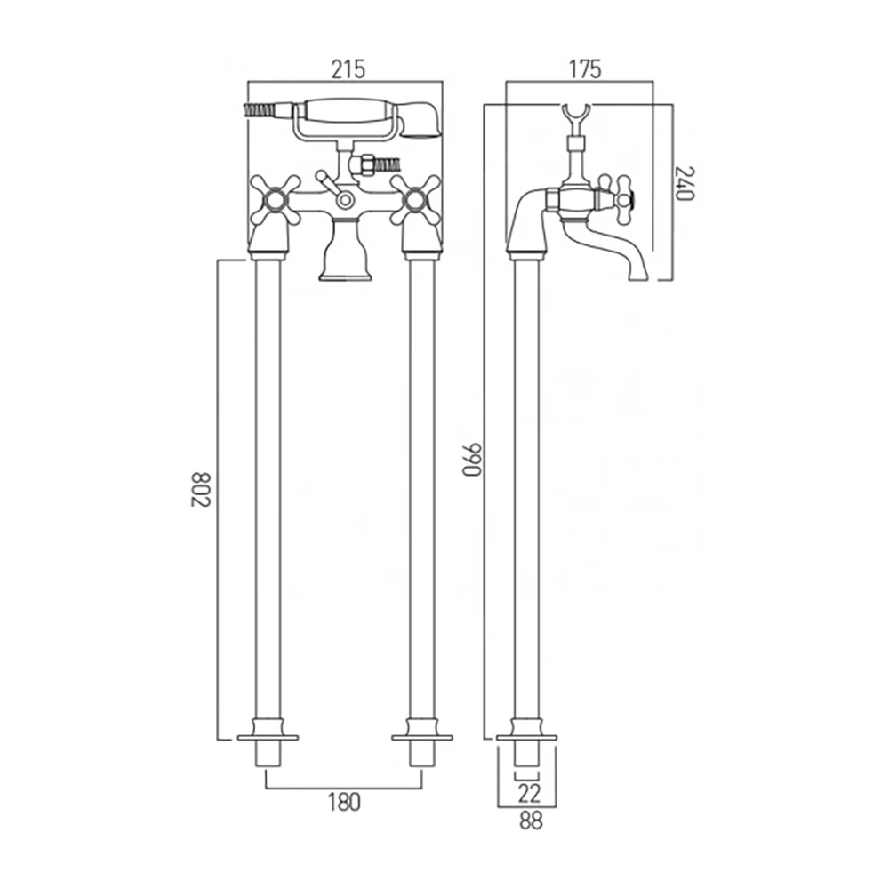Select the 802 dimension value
199,489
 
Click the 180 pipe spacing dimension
344,802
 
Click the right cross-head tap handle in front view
416,199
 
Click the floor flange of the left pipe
268,736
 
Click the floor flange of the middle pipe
421,736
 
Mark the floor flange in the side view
526,736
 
